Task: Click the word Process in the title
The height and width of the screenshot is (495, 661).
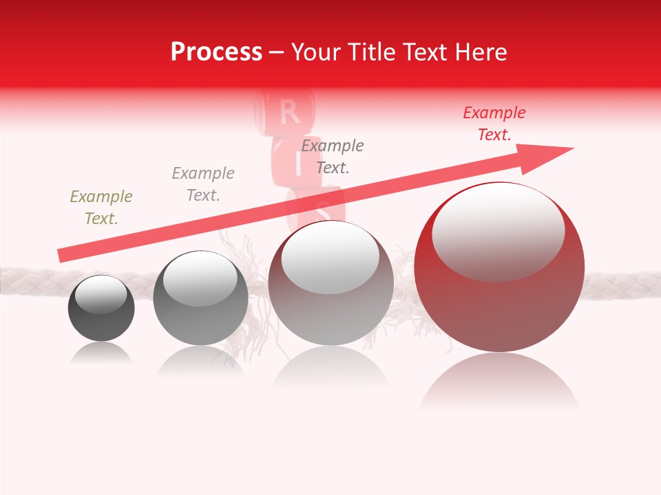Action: pos(216,52)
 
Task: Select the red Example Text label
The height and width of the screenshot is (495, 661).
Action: pos(494,124)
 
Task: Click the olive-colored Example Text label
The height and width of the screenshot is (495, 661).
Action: pos(101,208)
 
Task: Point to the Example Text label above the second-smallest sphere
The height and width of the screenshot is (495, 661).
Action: pos(202,184)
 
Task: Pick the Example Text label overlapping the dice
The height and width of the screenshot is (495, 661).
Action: pos(333,157)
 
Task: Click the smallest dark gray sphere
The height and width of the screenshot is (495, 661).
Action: pos(101,320)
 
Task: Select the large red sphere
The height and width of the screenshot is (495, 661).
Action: pos(499,302)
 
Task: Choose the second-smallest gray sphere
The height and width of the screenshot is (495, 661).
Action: pos(200,316)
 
